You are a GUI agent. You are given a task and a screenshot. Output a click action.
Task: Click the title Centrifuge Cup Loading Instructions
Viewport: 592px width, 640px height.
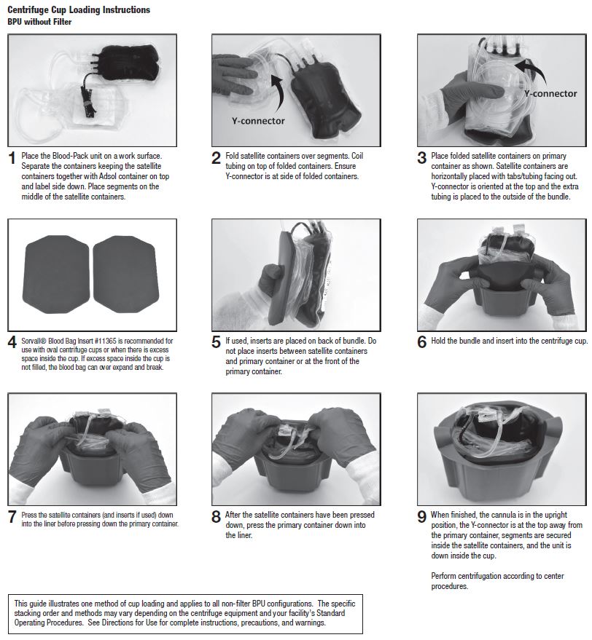click(79, 9)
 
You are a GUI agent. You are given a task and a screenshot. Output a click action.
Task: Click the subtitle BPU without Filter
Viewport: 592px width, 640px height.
click(39, 22)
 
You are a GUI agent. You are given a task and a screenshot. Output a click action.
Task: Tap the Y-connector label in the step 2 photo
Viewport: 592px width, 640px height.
click(258, 121)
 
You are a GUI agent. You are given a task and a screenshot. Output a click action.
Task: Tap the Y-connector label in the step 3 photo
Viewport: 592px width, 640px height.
click(550, 94)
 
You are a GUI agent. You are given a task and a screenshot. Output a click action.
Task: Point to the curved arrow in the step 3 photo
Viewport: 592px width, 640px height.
click(536, 69)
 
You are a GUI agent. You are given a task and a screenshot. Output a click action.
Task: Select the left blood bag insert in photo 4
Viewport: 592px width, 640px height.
click(55, 274)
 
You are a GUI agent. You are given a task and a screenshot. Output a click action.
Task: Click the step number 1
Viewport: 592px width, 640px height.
click(12, 158)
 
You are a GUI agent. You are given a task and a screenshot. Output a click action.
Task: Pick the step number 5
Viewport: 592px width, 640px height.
click(216, 342)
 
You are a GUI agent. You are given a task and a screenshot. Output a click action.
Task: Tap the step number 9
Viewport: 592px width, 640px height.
click(421, 517)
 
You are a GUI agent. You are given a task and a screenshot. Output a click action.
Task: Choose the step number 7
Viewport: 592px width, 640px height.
click(12, 517)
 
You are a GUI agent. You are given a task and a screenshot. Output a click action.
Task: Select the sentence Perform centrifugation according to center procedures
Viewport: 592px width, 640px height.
click(497, 581)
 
